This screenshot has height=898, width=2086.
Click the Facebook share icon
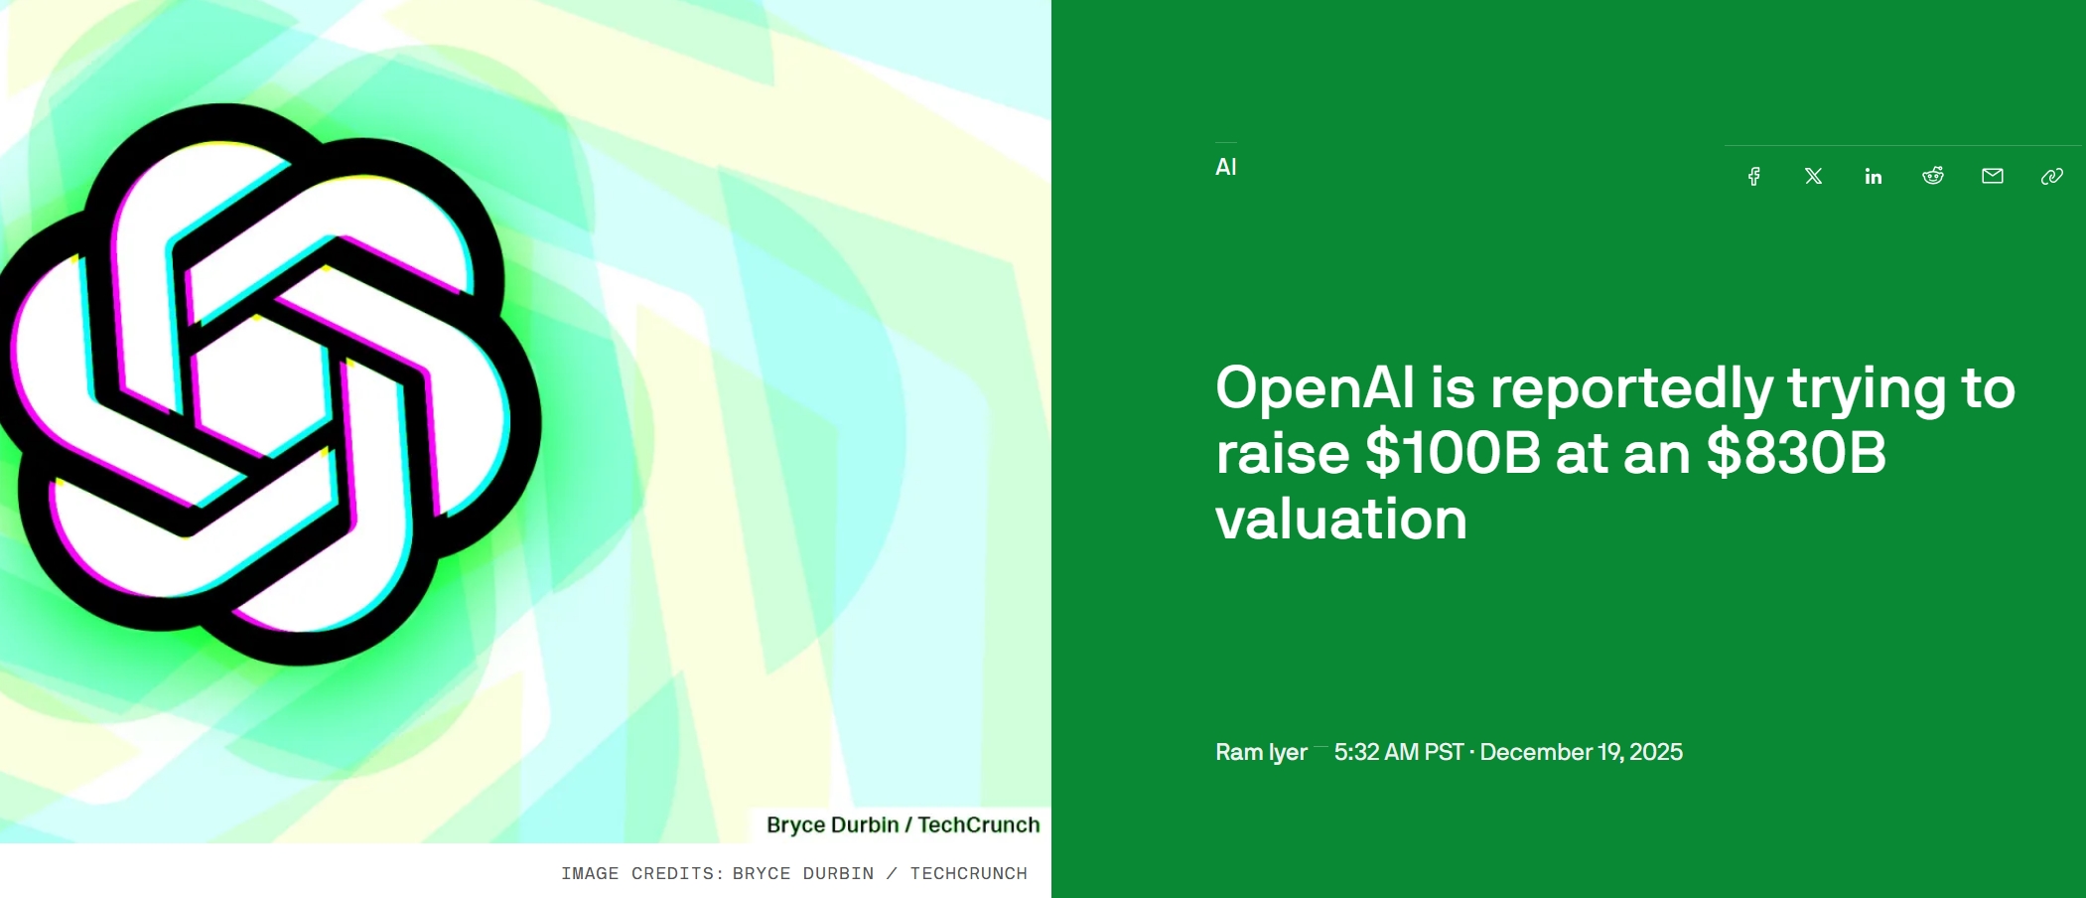[1754, 176]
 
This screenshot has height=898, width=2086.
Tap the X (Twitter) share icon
[1814, 176]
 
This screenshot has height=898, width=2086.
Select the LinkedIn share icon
[1874, 176]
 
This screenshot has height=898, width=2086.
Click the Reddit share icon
[1933, 176]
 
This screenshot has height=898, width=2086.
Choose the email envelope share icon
[1993, 176]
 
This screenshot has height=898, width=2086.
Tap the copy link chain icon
[2052, 176]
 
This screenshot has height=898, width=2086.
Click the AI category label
[1226, 167]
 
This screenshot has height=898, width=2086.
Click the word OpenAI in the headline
[1316, 387]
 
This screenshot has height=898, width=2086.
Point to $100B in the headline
[1454, 453]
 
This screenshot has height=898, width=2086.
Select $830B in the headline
[1796, 453]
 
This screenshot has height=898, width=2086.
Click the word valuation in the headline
[1341, 519]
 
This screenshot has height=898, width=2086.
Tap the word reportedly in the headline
[1632, 389]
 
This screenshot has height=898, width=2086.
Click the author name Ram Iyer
[1261, 752]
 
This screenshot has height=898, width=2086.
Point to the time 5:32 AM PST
[1399, 752]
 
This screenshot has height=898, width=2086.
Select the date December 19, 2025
[1582, 752]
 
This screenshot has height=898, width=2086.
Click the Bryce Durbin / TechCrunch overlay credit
[904, 824]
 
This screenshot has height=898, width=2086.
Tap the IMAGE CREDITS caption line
[794, 873]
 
